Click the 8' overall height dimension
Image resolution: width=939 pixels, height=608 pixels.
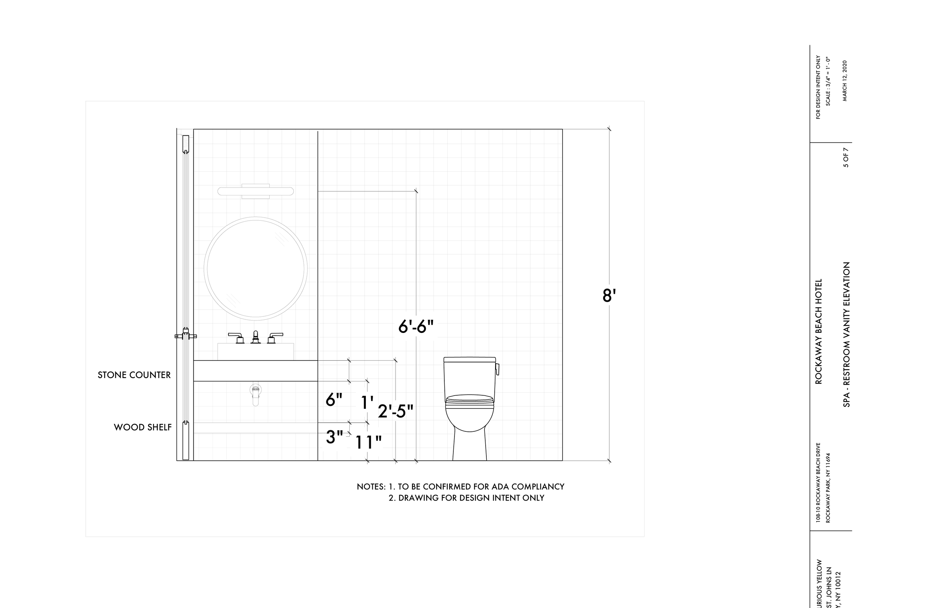[609, 296]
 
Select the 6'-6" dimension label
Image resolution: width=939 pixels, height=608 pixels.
[416, 327]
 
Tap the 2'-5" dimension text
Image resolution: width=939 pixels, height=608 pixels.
[396, 411]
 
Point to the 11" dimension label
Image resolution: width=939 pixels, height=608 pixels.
[368, 443]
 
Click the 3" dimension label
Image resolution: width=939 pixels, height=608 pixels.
[334, 437]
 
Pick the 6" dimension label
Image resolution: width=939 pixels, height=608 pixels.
[334, 400]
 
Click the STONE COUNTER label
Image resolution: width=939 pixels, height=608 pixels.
[134, 375]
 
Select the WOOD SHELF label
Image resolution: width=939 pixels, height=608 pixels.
[142, 427]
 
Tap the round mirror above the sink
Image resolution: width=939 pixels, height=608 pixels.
[256, 268]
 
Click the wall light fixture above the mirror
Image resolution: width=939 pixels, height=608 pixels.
[256, 192]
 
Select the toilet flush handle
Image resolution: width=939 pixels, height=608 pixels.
[498, 369]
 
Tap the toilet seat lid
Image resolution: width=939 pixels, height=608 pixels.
[469, 399]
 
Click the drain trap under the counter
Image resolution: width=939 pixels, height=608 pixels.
[256, 395]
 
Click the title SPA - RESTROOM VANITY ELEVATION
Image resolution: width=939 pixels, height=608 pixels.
[846, 334]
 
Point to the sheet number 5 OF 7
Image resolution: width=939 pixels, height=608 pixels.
[846, 157]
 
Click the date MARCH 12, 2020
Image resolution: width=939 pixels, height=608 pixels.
[845, 80]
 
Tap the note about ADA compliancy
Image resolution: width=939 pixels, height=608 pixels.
[460, 487]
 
